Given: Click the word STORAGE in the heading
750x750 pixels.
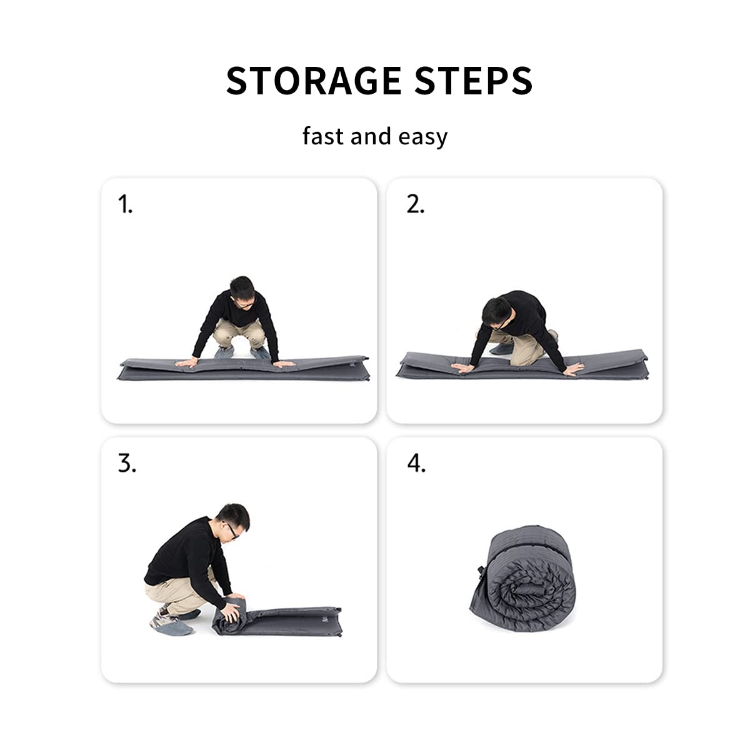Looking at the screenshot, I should click(313, 80).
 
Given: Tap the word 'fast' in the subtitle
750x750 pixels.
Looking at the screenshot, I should click(323, 136).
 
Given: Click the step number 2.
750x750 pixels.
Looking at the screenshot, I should click(416, 204).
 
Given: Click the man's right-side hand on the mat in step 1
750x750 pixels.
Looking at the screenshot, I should click(283, 364).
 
